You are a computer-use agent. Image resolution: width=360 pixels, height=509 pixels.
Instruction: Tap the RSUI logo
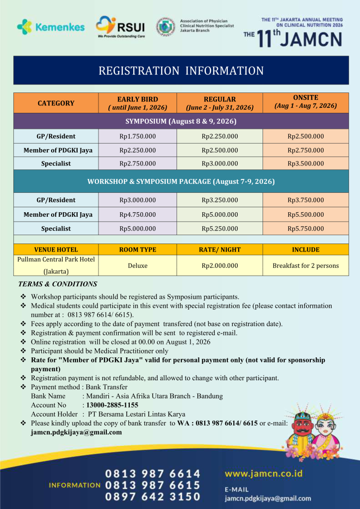coord(121,27)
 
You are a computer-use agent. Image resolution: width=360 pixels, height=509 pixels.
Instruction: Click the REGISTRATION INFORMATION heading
coord(181,71)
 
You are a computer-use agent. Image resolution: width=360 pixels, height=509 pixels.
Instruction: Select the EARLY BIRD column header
coord(138,103)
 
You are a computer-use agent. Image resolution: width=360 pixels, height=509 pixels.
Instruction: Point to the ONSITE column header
coord(306,102)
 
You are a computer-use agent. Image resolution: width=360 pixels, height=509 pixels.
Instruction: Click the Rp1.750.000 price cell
coord(138,136)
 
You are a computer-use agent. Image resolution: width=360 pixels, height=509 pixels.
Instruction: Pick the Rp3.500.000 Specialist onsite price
coord(306,164)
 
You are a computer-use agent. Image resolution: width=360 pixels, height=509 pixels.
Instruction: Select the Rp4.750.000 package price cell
coord(138,215)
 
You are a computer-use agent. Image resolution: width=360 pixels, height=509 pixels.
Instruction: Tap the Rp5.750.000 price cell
coord(306,229)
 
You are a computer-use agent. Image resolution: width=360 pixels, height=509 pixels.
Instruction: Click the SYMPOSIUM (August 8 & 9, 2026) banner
coord(181,121)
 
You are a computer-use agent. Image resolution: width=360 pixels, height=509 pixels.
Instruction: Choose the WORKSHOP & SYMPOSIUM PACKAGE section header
coord(181,181)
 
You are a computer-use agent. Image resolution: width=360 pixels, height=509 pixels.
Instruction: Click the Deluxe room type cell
coord(138,265)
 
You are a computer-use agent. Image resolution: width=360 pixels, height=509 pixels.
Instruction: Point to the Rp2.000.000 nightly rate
coord(220,265)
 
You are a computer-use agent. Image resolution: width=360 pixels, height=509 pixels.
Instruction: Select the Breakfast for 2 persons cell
coord(306,265)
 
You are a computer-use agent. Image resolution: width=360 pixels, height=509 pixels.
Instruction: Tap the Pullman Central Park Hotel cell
coord(56,265)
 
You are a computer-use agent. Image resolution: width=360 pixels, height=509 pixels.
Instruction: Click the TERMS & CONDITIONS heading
coord(58,284)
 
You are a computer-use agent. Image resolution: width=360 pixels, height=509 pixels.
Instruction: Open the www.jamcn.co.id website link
coord(264,473)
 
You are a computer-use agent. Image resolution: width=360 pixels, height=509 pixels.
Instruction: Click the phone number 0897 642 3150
coord(153,497)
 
